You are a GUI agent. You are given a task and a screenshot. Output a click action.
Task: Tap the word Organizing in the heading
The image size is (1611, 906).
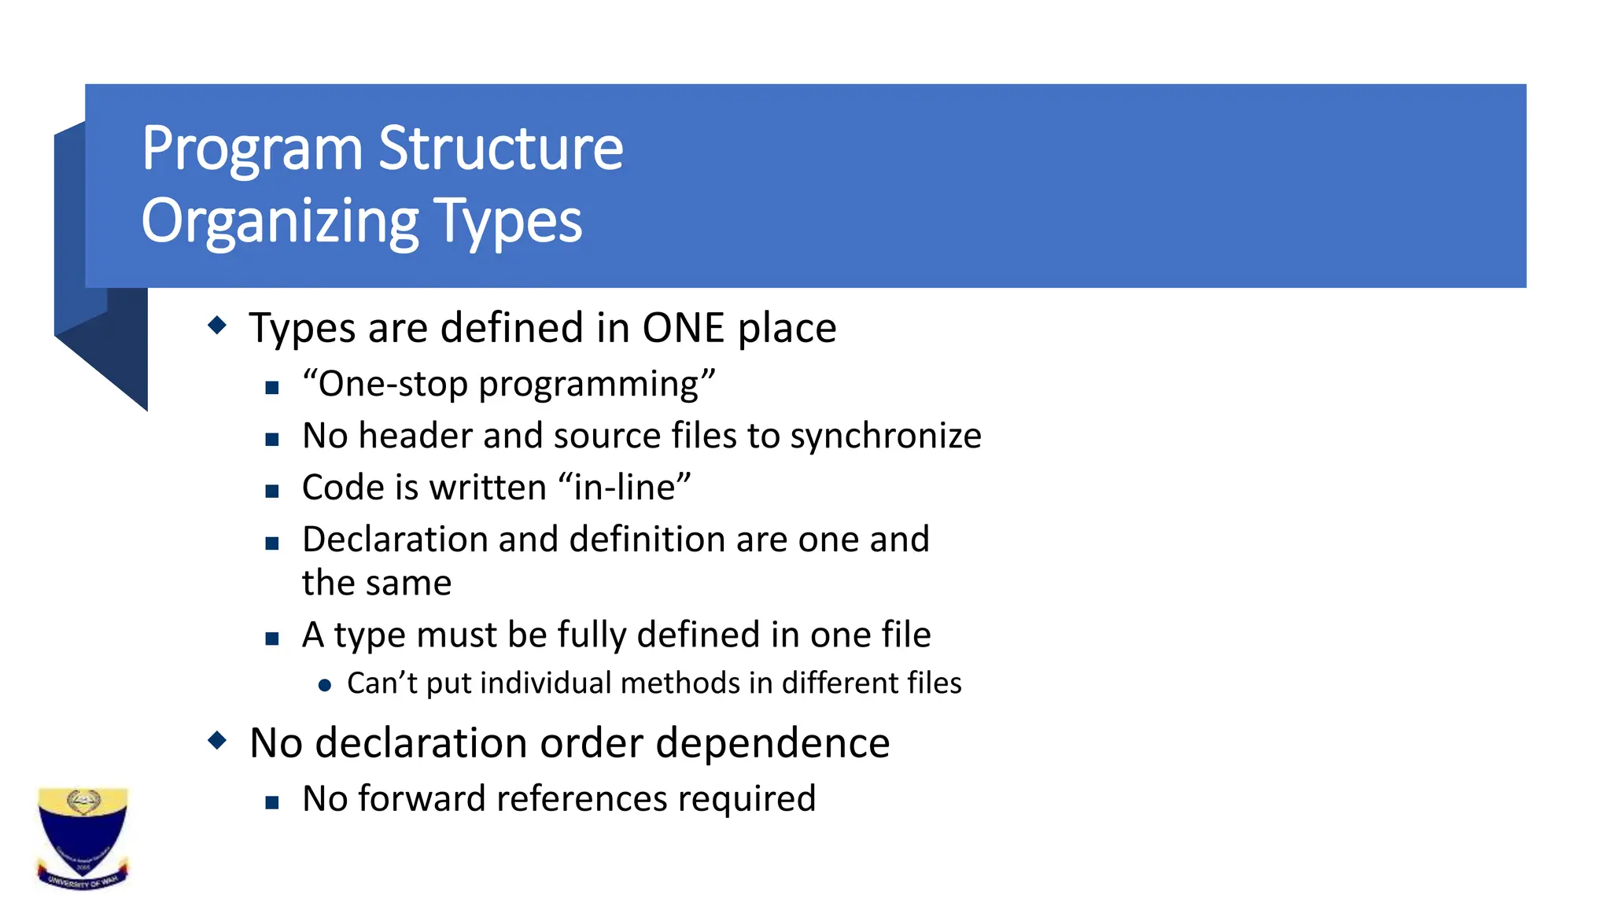[279, 223]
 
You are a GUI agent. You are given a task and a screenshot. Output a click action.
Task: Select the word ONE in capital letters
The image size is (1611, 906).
[683, 328]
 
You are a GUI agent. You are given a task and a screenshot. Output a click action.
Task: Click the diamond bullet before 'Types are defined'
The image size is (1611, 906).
[217, 325]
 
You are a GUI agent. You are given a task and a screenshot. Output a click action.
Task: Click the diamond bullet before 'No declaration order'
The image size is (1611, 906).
[217, 740]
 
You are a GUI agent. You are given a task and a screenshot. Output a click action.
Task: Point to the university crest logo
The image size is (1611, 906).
[83, 838]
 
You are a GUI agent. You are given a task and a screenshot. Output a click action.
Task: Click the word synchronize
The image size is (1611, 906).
[886, 436]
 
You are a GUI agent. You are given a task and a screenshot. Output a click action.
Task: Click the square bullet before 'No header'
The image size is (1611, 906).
[272, 440]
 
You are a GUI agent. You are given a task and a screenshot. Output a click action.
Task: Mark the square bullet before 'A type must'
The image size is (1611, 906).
[272, 639]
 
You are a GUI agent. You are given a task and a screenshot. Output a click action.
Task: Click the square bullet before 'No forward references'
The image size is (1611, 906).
[272, 803]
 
